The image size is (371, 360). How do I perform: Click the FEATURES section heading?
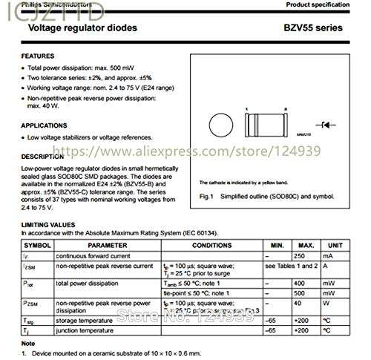38,56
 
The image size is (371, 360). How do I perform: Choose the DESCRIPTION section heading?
42,157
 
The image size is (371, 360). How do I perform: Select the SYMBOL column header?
37,244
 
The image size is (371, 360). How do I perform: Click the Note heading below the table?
28,344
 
